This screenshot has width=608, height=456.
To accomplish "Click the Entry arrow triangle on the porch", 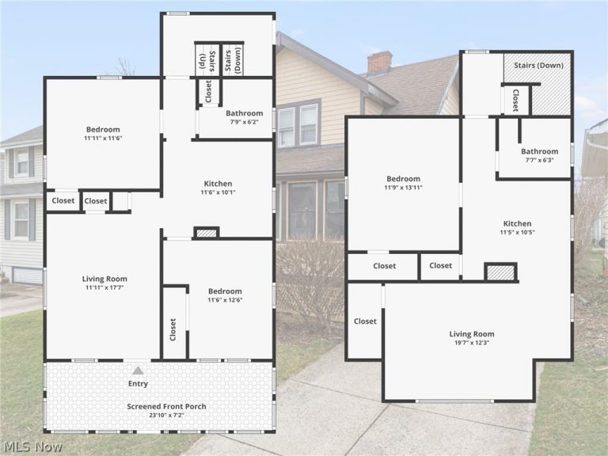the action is coord(138,370).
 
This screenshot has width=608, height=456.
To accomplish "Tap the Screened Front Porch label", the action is coord(167,406).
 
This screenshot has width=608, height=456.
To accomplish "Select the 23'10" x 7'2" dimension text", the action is coord(167,416).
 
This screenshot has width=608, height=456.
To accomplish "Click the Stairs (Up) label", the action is coord(207,61).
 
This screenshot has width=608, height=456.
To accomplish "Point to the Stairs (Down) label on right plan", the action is coord(538,65).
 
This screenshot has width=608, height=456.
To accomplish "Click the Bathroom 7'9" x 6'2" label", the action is coord(245,116).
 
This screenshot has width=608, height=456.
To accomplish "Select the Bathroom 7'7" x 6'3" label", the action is coord(539,155).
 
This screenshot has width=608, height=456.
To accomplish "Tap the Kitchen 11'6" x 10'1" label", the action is coord(218,188).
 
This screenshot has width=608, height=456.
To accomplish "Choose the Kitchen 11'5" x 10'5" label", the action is coord(517,228).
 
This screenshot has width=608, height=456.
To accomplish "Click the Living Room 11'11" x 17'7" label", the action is coord(104,283).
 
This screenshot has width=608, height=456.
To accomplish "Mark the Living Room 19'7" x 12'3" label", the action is coord(472,338).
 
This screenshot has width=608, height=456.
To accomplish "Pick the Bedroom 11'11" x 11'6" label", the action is coord(103,133).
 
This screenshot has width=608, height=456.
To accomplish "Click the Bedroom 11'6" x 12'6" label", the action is coord(225,295).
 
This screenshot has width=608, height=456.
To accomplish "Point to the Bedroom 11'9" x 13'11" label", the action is coord(403,183).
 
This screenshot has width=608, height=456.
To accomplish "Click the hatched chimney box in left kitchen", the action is coord(207,233).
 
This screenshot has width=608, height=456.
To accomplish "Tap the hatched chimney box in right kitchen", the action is coord(500,272).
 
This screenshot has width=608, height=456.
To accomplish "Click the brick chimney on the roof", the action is coord(380,63).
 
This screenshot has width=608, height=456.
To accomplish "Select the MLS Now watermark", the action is coord(32,446).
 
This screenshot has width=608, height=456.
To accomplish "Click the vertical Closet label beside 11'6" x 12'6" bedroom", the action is coord(173,329).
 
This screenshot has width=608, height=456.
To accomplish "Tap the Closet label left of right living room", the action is coord(365,321).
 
